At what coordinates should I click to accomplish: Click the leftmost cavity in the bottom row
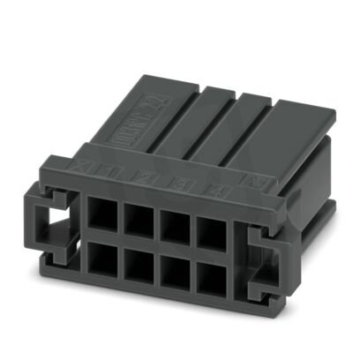101,259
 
